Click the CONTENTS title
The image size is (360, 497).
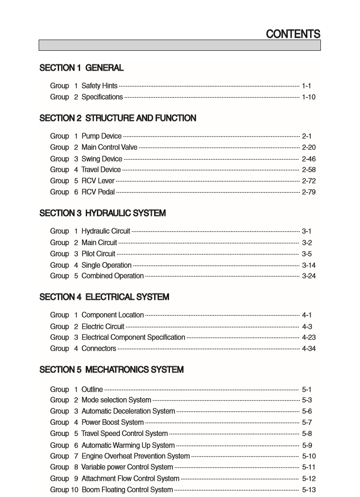pos(293,34)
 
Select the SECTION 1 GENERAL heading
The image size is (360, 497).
pos(82,68)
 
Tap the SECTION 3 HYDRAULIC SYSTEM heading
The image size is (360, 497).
pos(102,213)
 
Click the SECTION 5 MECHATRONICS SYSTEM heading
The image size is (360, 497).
pos(111,370)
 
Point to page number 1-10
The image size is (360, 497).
pos(309,97)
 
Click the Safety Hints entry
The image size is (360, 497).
pos(99,86)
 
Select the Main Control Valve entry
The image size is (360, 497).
pos(109,148)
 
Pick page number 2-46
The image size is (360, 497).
pos(309,159)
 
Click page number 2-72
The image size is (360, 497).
pos(309,181)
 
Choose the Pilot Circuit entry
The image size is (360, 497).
pos(98,254)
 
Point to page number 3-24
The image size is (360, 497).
pos(309,276)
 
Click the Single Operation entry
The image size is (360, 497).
pos(106,265)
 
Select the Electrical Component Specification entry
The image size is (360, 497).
pos(133,337)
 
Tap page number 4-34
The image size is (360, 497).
pos(309,348)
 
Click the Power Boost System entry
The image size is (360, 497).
pos(112,422)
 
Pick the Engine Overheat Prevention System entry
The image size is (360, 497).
pos(136,456)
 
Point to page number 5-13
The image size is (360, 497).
pos(309,490)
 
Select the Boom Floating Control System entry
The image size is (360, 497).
pos(127,490)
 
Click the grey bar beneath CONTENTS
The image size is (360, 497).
pos(180,45)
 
